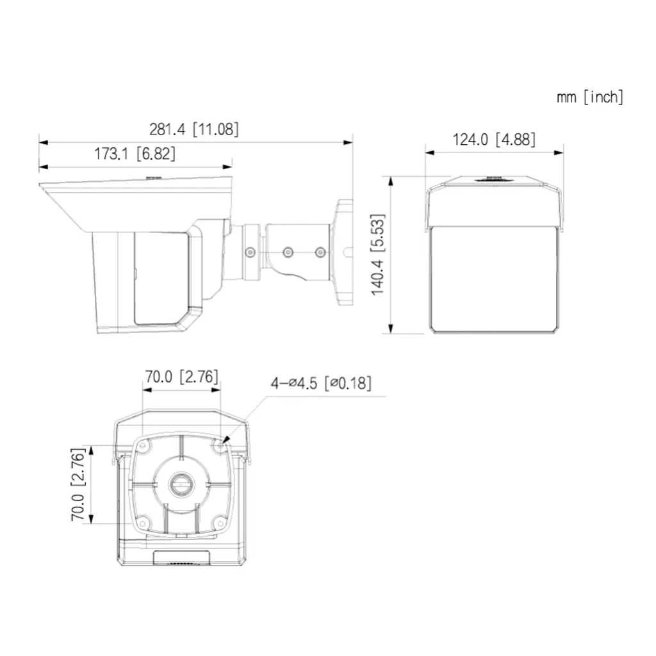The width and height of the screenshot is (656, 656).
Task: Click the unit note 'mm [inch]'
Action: click(x=589, y=97)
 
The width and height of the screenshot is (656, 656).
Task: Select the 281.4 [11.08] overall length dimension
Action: click(x=193, y=129)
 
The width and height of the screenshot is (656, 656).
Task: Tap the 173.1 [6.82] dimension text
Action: click(x=135, y=154)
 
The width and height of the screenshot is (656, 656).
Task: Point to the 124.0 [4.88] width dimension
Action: click(x=494, y=139)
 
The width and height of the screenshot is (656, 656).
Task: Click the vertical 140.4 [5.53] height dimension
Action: click(x=378, y=254)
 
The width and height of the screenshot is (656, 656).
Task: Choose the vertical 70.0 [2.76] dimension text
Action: click(x=78, y=484)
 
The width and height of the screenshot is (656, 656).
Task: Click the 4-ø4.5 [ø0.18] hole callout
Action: click(x=320, y=383)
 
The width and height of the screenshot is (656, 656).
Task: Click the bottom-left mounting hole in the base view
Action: click(x=144, y=522)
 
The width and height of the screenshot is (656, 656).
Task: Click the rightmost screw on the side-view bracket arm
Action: click(x=320, y=252)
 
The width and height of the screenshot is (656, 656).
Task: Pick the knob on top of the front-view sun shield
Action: click(x=493, y=179)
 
